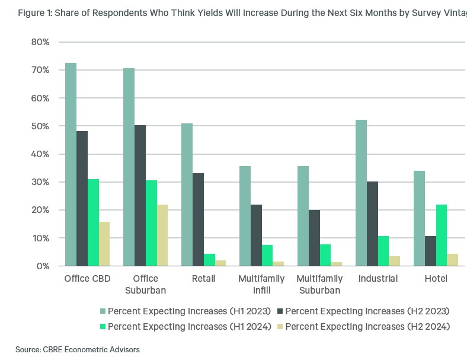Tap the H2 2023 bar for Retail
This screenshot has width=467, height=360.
point(198,219)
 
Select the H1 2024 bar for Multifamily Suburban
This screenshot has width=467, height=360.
point(325,255)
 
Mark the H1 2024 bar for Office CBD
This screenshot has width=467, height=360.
point(93,222)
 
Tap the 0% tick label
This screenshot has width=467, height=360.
point(43,266)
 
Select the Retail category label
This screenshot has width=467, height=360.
point(198,279)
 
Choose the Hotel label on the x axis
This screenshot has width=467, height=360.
point(436,279)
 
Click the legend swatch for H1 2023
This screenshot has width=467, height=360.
point(103,311)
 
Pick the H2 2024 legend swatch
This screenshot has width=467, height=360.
point(281,326)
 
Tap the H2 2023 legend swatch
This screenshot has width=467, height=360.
point(281,311)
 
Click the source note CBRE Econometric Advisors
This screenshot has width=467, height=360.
point(78,350)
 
